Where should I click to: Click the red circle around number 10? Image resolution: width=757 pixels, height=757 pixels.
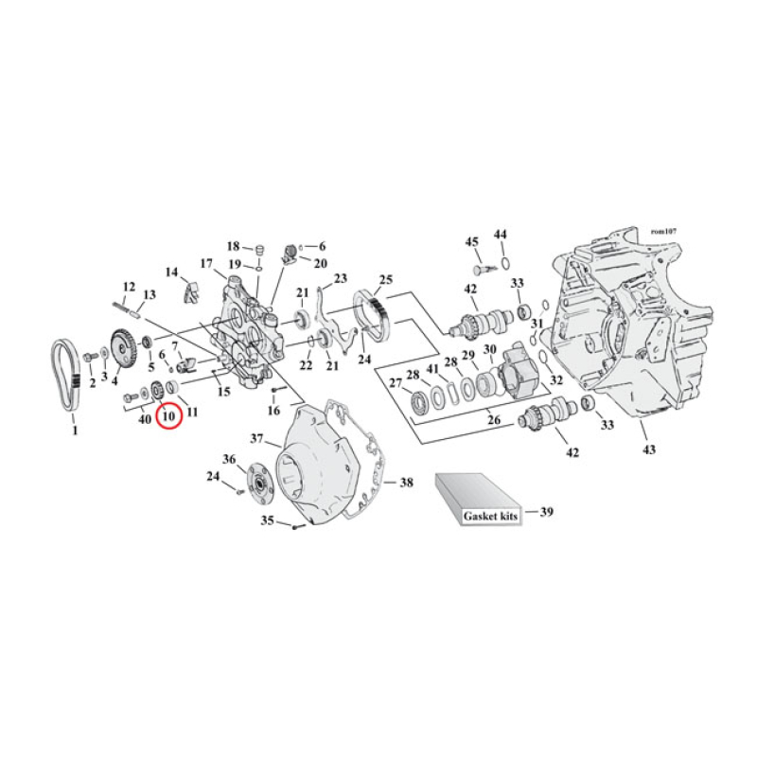point(168,413)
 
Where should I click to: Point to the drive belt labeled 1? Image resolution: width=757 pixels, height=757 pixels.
point(64,375)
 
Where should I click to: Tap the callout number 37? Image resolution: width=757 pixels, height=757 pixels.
point(256,439)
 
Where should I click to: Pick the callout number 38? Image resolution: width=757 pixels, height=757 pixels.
point(406,483)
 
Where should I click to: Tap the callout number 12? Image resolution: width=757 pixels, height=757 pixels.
point(130,286)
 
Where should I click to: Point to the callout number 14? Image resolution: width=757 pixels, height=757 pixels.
point(172,273)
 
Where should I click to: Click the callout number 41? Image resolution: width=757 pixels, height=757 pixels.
point(431,369)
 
